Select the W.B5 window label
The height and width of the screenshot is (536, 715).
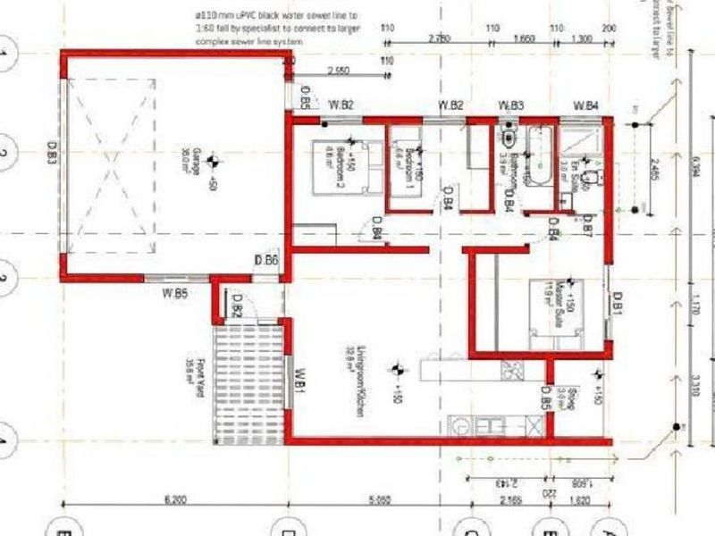click(x=175, y=292)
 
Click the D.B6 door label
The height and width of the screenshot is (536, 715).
click(x=266, y=260)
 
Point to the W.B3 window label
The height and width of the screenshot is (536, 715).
click(x=511, y=105)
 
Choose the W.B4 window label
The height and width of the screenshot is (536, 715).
click(x=585, y=105)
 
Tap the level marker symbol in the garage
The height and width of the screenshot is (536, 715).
click(x=213, y=160)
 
